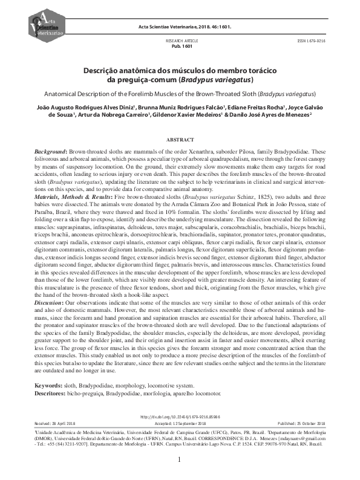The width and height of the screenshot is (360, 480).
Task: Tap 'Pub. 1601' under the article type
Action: point(182,46)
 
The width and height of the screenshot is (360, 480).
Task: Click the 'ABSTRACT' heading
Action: point(180,138)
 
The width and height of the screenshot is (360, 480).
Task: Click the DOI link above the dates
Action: point(180,417)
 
